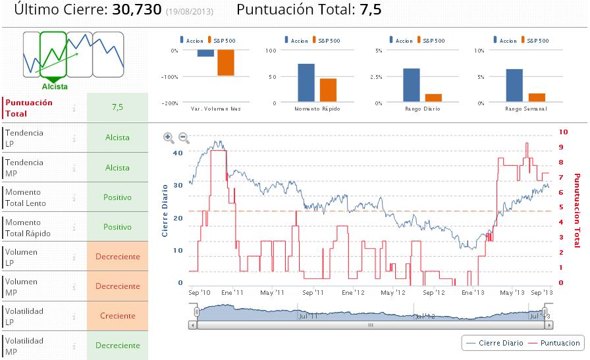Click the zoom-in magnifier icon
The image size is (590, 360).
point(169,138)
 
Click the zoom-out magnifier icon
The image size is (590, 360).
point(184,138)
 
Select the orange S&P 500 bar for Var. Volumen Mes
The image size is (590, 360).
point(226,63)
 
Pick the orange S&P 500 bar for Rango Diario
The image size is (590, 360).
point(433,97)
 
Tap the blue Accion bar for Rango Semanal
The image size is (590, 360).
point(514,86)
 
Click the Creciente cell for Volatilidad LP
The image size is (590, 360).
point(117,316)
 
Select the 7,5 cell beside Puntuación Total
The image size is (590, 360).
point(117,107)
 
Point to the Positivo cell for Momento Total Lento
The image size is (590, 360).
point(117,197)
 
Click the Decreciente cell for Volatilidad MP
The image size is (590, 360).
point(117,346)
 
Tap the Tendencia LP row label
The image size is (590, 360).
point(24,138)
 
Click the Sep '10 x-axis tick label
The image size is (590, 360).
point(199,292)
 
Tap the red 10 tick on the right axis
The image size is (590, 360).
point(563,132)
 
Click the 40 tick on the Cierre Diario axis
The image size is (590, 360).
point(177,152)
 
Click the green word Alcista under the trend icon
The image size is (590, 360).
point(55,86)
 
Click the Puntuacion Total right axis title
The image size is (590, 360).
point(577,206)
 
